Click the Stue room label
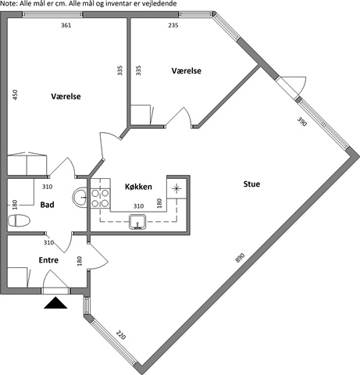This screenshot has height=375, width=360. click(251, 184)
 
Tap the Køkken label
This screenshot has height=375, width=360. click(138, 187)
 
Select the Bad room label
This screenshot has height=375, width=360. click(47, 205)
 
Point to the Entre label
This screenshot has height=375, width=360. click(48, 260)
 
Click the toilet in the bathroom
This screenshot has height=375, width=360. click(20, 220)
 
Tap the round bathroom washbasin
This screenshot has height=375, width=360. click(80, 197)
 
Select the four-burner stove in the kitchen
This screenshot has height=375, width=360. click(100, 198)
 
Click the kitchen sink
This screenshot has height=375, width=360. click(137, 222)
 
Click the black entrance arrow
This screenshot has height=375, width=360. click(55, 302)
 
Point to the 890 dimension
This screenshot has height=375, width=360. click(240, 258)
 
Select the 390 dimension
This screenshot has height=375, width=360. click(302, 121)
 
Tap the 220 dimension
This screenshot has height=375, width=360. click(121, 335)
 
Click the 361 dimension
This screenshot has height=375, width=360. click(66, 25)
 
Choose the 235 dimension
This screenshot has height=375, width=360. click(173, 25)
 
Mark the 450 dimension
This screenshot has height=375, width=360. click(15, 95)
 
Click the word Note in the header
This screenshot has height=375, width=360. click(7, 4)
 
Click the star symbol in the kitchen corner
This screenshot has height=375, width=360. click(176, 188)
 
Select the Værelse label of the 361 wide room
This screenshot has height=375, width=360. click(66, 96)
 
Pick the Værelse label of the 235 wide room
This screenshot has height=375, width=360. click(187, 71)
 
